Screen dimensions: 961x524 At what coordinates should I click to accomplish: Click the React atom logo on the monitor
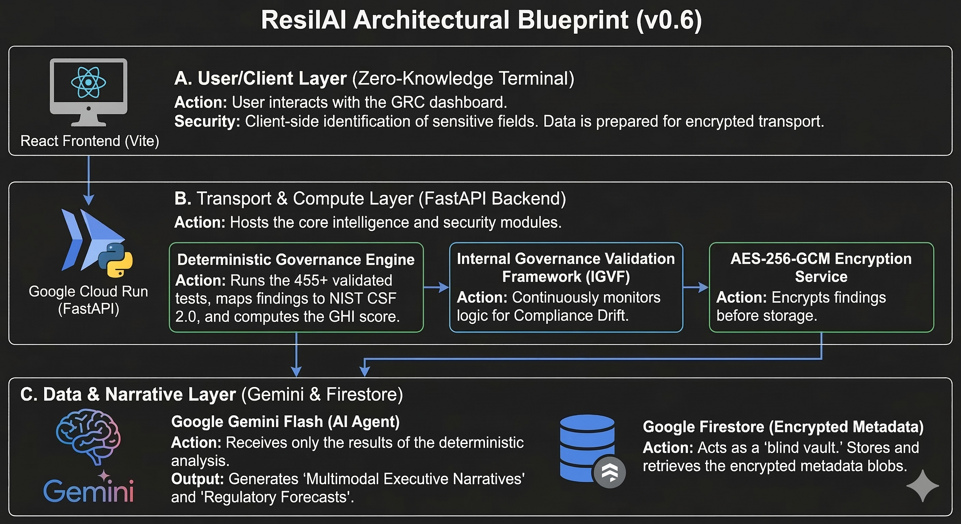coord(88,82)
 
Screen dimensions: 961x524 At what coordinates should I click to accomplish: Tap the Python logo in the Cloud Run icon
coord(115,260)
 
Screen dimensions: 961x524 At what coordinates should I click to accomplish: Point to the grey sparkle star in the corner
coord(923,486)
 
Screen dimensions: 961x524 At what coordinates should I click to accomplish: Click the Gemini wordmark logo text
coord(88,491)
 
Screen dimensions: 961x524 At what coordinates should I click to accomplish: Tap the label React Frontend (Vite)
coord(90,141)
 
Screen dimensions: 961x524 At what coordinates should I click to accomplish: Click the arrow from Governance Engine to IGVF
coord(437,287)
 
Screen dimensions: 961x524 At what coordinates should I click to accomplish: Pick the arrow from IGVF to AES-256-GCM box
coord(696,287)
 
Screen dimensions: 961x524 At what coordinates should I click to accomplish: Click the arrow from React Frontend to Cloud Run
coord(88,180)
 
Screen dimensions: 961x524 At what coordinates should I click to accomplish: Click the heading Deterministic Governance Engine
coord(296,259)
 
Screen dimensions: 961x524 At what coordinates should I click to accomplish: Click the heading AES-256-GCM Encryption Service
coord(821,268)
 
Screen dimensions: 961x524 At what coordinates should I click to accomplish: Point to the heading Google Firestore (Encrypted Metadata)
coord(783,427)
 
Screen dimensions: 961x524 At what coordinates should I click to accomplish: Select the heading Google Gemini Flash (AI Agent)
coord(285,421)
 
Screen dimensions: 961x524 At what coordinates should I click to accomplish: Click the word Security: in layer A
coord(207,122)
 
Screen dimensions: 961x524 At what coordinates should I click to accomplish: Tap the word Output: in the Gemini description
coord(197,479)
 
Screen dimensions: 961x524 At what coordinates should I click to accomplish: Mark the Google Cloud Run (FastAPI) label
coord(88,300)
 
